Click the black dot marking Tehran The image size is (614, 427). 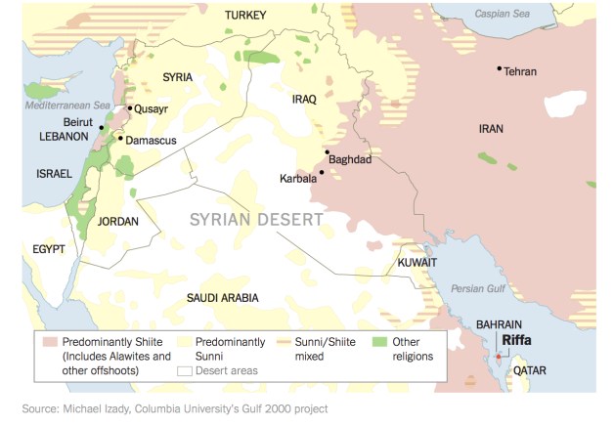click(499, 68)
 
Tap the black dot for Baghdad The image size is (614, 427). click(327, 152)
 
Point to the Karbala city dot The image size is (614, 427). click(321, 172)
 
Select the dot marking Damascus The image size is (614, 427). click(120, 138)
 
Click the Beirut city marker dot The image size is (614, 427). click(102, 127)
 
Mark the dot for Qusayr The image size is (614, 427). click(129, 108)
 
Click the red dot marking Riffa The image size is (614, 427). click(498, 357)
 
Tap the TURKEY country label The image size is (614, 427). click(245, 15)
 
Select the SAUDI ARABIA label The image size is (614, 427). click(222, 296)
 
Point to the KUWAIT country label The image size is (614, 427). click(417, 262)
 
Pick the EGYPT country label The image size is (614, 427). click(48, 249)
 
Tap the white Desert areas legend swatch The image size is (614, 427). click(184, 370)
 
